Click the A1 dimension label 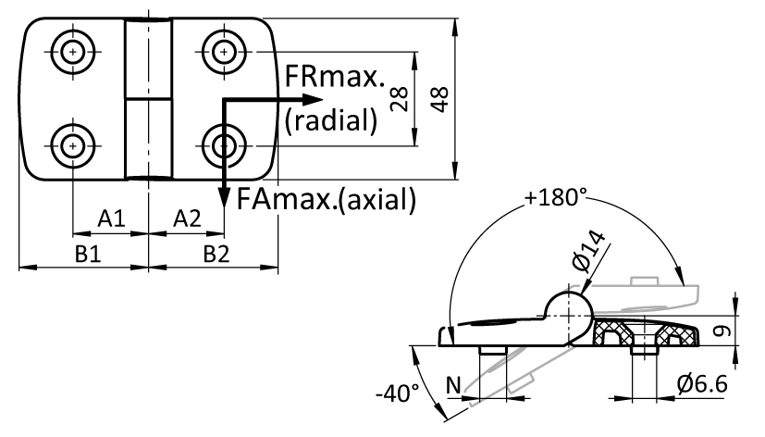point(111,218)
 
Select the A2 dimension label point(187,218)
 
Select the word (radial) point(330,119)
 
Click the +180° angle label point(556,197)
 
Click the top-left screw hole point(73,51)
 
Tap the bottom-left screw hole point(73,144)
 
